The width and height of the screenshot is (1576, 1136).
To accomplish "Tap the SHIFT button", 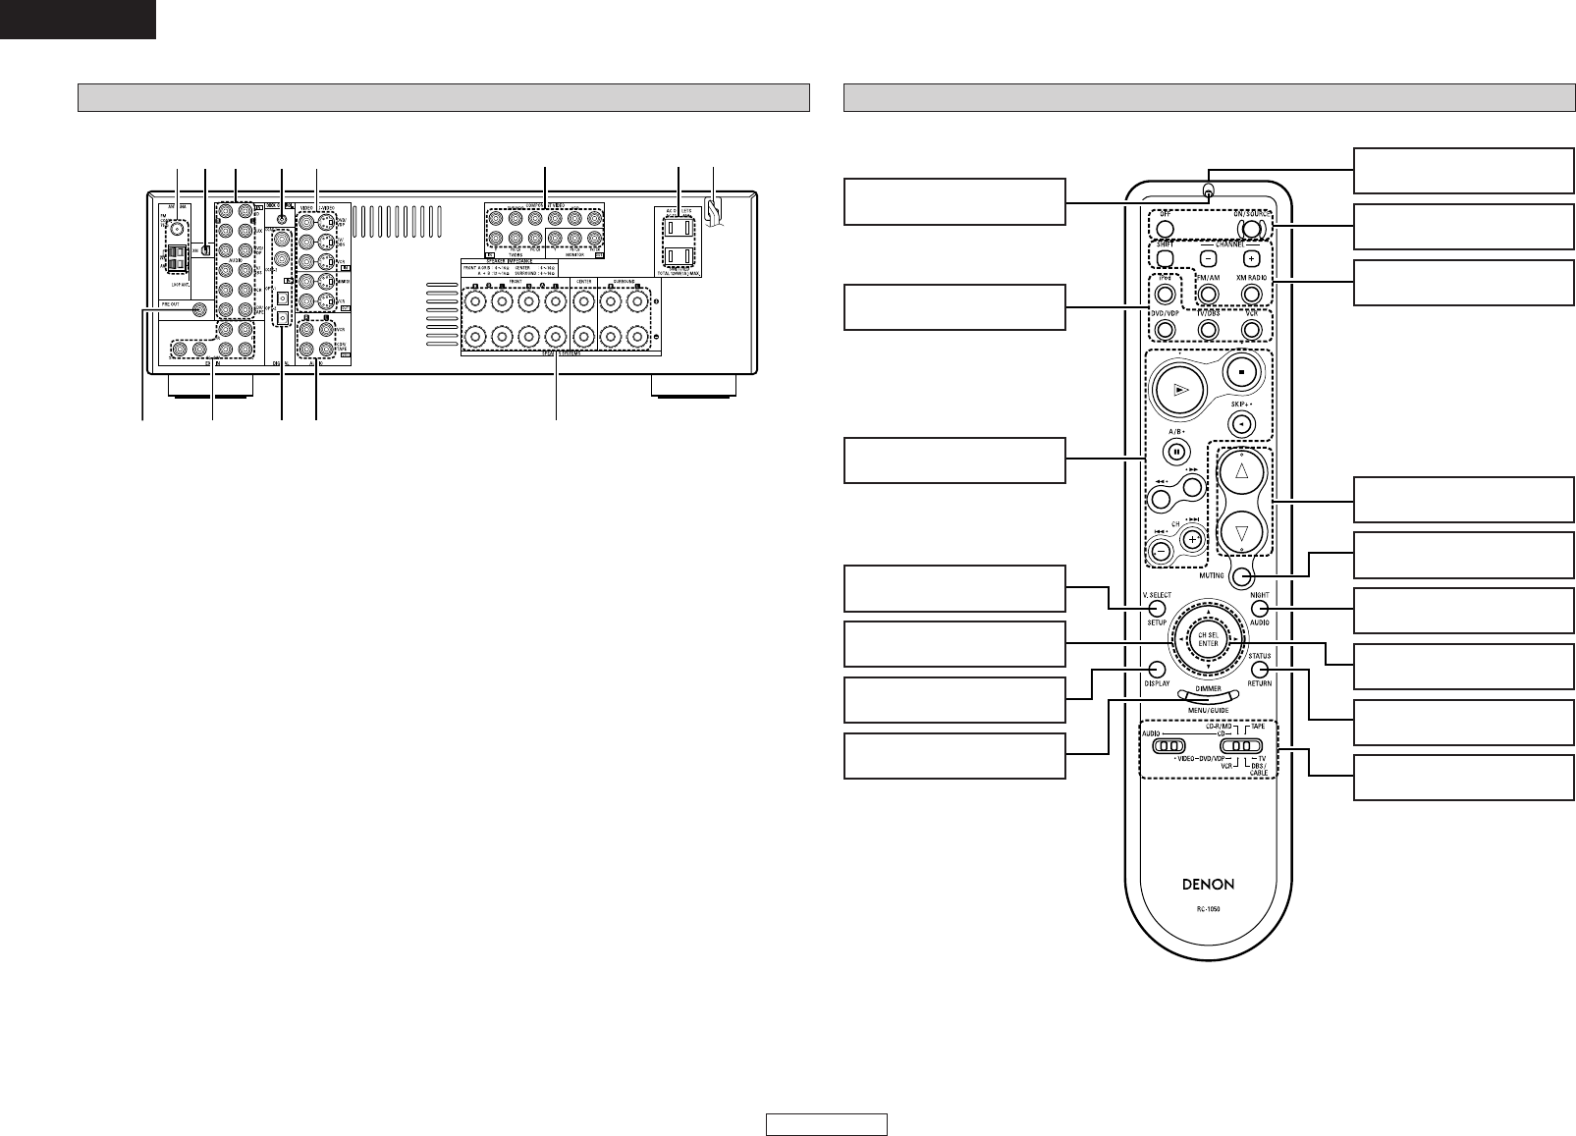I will coord(1164,258).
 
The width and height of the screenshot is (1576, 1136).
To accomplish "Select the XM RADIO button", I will coord(1251,293).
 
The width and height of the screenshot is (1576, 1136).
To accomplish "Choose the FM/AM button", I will coord(1208,293).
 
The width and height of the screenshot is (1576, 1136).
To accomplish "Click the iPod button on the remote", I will coord(1164,293).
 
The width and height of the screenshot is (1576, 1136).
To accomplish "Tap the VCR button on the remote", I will coord(1251,330).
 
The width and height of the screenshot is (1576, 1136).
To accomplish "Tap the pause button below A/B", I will coord(1175,453).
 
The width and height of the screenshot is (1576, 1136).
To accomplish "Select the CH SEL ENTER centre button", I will coord(1208,640).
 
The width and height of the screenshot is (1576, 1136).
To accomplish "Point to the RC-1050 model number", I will coord(1208,908).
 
